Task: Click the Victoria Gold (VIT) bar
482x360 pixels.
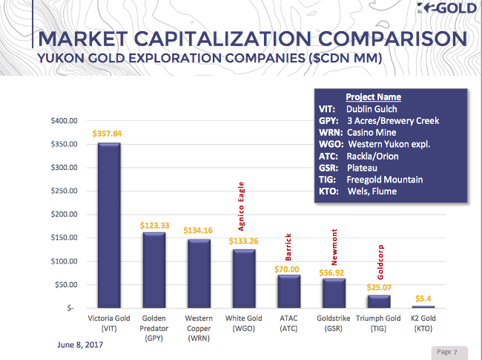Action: [x=109, y=225]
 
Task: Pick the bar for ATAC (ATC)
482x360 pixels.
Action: [x=288, y=291]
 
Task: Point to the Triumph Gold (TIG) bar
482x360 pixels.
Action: [x=378, y=301]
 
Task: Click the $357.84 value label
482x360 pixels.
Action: [x=108, y=134]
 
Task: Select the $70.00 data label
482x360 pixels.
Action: [x=288, y=268]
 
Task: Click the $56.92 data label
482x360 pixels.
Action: [x=333, y=272]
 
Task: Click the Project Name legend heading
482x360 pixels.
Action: [x=373, y=97]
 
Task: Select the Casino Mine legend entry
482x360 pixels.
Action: [x=368, y=132]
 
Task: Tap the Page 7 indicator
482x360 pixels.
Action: [x=448, y=351]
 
